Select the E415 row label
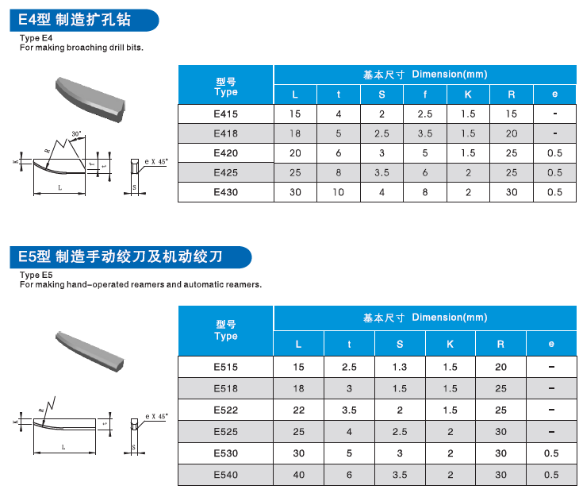(x=226, y=114)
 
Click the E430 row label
(x=226, y=192)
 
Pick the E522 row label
(x=226, y=410)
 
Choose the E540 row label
(x=226, y=475)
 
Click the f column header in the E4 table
(x=424, y=94)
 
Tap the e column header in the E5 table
(x=551, y=344)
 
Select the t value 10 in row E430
(x=339, y=192)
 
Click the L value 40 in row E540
(x=298, y=475)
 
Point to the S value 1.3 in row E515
(x=400, y=367)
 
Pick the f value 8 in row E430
(x=424, y=192)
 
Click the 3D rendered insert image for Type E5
(x=89, y=349)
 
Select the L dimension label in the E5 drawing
(x=63, y=448)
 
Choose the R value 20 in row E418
(x=512, y=133)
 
